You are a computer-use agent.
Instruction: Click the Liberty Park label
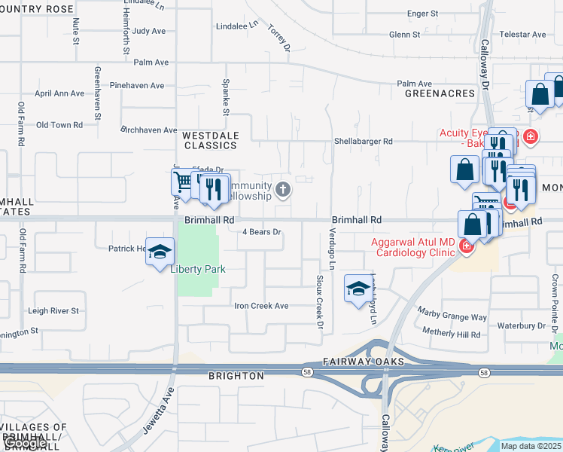(198, 269)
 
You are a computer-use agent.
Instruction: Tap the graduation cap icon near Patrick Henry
(160, 252)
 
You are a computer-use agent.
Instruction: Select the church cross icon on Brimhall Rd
(283, 188)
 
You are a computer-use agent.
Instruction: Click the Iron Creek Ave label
(261, 306)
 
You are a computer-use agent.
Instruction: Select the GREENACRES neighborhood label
(440, 93)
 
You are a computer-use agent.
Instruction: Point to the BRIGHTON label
(236, 375)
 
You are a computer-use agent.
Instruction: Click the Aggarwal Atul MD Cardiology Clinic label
(412, 247)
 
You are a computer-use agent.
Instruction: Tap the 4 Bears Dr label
(261, 232)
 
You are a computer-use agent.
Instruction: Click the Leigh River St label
(53, 310)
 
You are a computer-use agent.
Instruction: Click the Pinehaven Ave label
(136, 86)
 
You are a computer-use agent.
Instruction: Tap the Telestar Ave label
(523, 35)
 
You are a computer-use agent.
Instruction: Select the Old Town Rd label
(59, 125)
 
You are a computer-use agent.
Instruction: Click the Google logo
(26, 443)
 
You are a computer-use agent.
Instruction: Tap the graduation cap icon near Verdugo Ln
(358, 289)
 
